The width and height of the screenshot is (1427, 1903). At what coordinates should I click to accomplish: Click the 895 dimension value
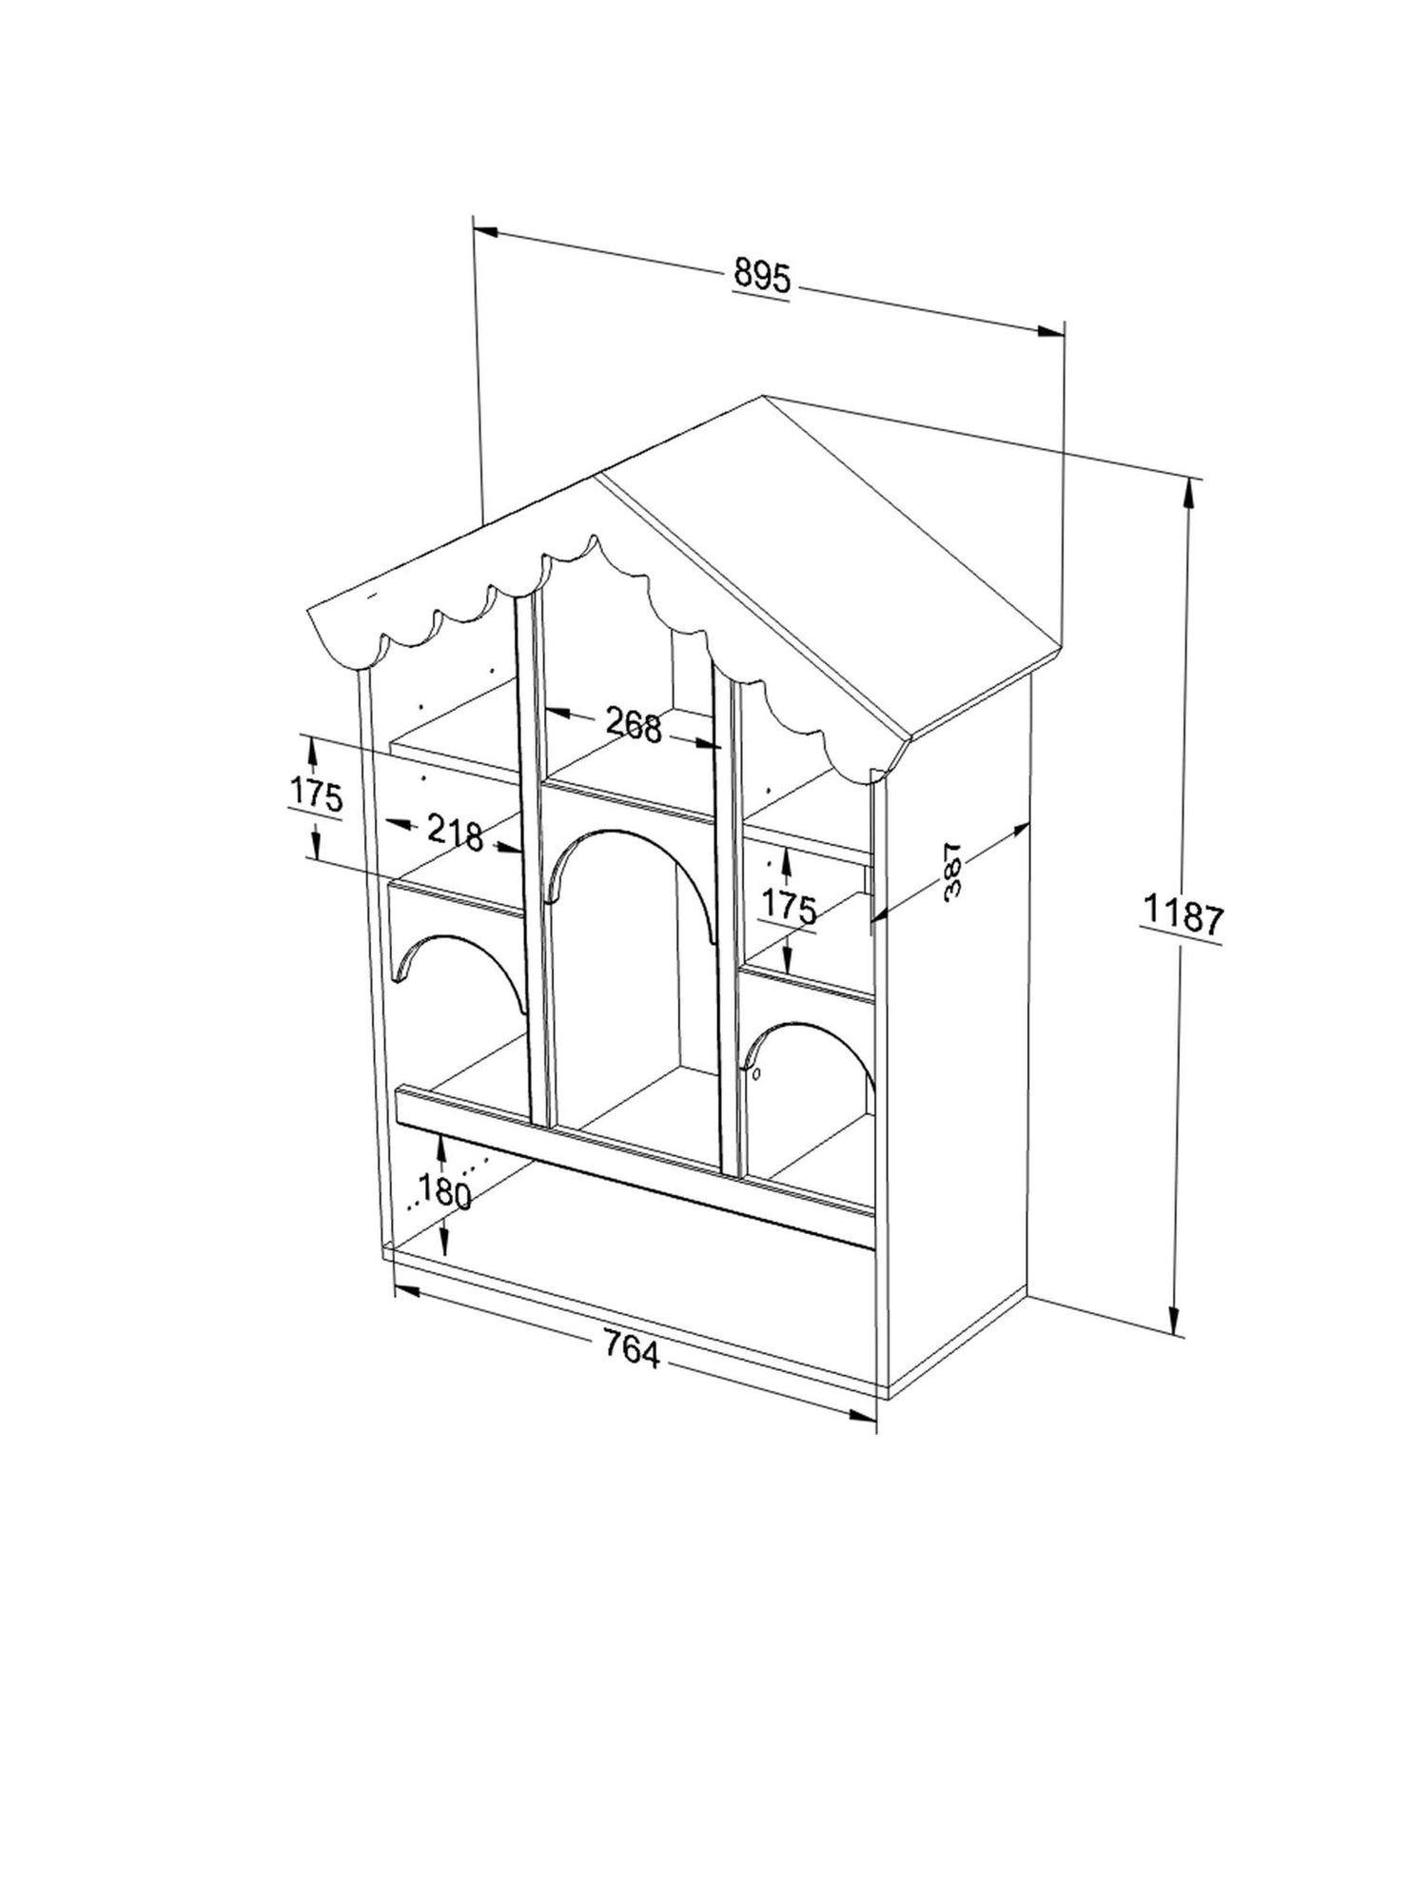[x=762, y=277]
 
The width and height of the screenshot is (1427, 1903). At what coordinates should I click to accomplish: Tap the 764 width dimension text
[x=632, y=1350]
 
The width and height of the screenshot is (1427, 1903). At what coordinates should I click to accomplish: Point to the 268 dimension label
[x=634, y=726]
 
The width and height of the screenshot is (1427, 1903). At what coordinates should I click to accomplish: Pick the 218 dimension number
[x=455, y=833]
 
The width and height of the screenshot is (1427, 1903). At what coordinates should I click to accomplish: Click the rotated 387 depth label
[x=952, y=870]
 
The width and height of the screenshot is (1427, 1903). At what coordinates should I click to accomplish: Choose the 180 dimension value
[x=444, y=1192]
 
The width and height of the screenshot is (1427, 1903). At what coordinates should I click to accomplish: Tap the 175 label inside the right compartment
[x=789, y=909]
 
